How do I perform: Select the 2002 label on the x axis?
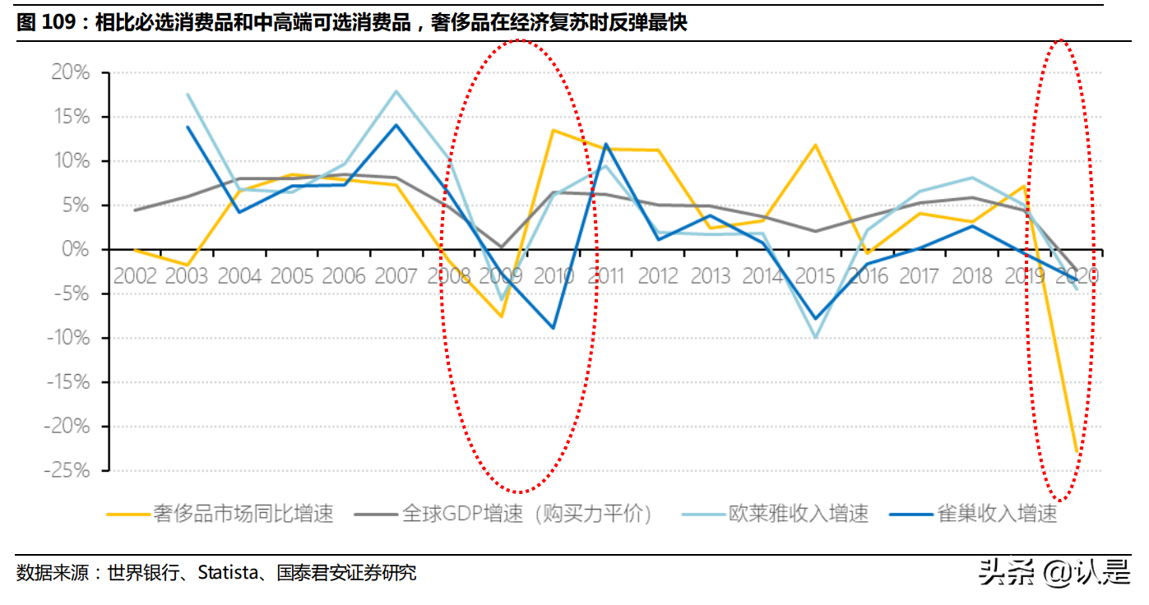pos(136,275)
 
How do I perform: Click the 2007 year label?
pos(397,275)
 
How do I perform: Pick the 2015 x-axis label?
pos(815,275)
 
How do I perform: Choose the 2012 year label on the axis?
pos(658,275)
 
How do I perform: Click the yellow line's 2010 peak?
pos(553,130)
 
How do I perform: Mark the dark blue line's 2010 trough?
pos(553,328)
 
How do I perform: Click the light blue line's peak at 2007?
pos(396,91)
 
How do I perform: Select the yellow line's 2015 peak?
pos(815,145)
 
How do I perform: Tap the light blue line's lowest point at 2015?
pos(815,337)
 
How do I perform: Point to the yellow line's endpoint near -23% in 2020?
pos(1077,452)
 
